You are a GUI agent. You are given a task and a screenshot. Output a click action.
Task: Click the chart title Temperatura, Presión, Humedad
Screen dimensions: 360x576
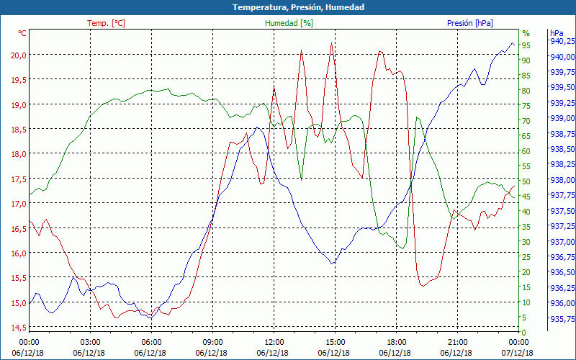[288, 7]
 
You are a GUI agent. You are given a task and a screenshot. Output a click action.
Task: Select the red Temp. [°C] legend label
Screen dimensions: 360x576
[106, 23]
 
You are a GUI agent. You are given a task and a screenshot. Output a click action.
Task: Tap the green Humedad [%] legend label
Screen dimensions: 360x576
[289, 23]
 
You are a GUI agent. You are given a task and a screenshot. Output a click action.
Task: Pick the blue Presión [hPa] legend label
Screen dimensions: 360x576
[470, 23]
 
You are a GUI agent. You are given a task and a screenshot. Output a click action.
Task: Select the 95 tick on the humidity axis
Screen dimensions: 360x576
[526, 45]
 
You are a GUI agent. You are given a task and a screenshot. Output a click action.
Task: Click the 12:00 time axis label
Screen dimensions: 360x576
[274, 342]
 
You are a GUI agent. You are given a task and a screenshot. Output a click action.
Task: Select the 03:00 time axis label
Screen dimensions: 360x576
[90, 342]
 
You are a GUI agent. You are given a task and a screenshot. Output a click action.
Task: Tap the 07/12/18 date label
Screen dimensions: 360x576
[518, 353]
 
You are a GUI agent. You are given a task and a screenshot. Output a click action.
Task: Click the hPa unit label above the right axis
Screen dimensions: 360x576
[557, 33]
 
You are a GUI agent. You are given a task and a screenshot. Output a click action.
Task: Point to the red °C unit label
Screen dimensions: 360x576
[22, 33]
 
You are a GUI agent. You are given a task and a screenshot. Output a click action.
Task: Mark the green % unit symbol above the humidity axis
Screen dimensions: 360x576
[526, 33]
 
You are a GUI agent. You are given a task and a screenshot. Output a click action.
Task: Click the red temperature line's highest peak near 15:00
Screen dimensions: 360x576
[331, 43]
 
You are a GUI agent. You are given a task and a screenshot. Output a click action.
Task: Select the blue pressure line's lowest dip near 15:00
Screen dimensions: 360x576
[332, 264]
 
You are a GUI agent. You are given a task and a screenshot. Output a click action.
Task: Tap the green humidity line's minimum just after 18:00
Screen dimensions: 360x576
[402, 248]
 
